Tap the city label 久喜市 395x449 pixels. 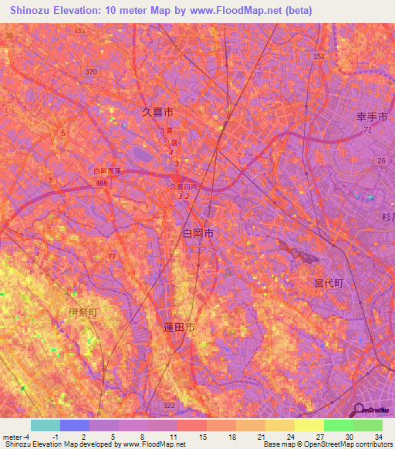pos(158,112)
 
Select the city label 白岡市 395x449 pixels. pos(197,232)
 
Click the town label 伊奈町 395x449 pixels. pos(83,312)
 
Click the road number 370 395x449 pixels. pos(91,72)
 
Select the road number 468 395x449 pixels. pos(101,183)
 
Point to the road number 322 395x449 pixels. pos(170,404)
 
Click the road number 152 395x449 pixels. pos(319,57)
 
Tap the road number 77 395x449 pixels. pos(112,255)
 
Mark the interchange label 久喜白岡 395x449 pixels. pos(184,187)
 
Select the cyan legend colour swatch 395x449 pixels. pos(45,425)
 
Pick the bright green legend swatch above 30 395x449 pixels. pos(338,425)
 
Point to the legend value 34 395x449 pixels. pos(378,436)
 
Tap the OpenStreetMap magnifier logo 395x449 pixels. pos(360,410)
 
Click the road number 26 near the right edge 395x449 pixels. pos(381,160)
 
